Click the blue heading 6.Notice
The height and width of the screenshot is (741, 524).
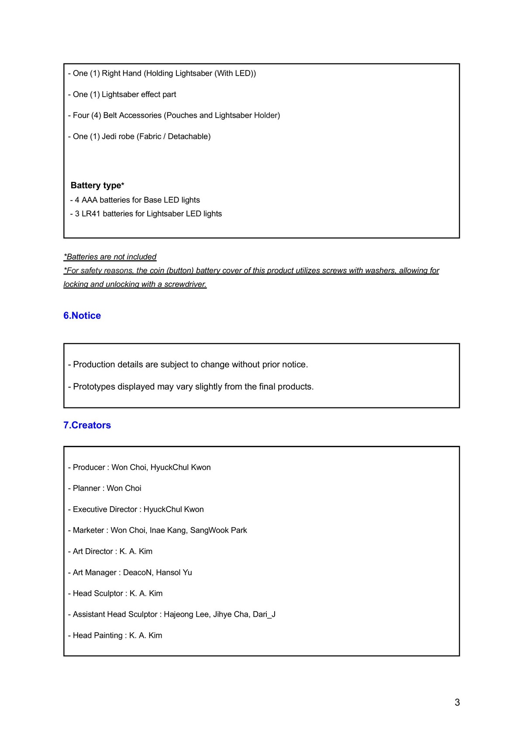82,316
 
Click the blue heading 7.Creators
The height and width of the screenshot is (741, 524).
87,425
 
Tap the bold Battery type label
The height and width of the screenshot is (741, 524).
97,185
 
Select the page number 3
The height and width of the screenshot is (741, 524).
457,702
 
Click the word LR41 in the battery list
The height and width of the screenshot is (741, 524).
91,214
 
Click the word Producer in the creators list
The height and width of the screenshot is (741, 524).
89,467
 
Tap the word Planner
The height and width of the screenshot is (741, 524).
86,488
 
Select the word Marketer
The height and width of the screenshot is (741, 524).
88,530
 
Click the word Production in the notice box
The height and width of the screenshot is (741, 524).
96,365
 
